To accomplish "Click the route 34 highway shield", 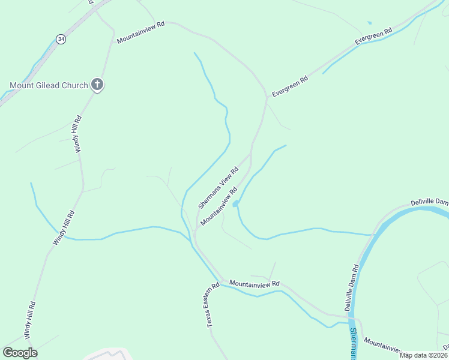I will pos(61,38).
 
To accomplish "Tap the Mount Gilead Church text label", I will pos(49,85).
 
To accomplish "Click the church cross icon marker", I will pos(97,85).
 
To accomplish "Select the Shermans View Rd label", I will pos(218,187).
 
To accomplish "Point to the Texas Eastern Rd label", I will pos(210,306).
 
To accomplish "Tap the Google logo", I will pos(20,353).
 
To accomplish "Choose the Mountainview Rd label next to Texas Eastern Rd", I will pos(255,283).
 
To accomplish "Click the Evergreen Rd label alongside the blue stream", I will pos(373,35).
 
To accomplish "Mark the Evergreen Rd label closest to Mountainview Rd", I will pos(290,86).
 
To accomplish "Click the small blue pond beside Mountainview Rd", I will pos(235,204).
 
